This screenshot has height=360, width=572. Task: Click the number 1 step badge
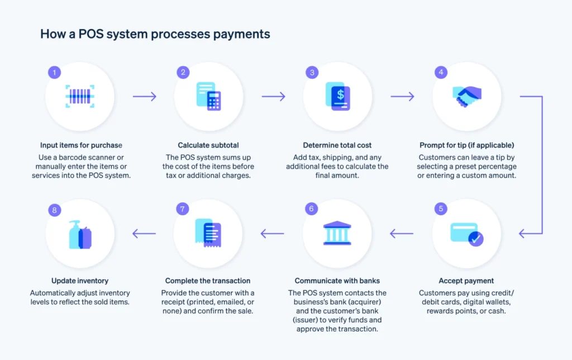(x=54, y=72)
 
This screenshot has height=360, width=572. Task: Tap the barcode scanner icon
(x=80, y=96)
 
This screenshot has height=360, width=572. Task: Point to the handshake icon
(x=467, y=96)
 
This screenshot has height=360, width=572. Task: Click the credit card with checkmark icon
(x=467, y=234)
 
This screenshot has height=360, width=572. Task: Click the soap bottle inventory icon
(x=80, y=234)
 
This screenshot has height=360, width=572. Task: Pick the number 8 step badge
(x=54, y=210)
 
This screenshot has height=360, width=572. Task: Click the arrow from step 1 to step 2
(x=145, y=97)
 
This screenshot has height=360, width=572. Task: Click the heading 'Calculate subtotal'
(x=209, y=145)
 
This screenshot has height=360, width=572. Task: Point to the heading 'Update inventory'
(x=80, y=281)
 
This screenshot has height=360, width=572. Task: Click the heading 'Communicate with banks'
(x=337, y=281)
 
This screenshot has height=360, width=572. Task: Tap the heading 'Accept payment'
(x=466, y=281)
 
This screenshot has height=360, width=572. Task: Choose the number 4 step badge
(x=441, y=72)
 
